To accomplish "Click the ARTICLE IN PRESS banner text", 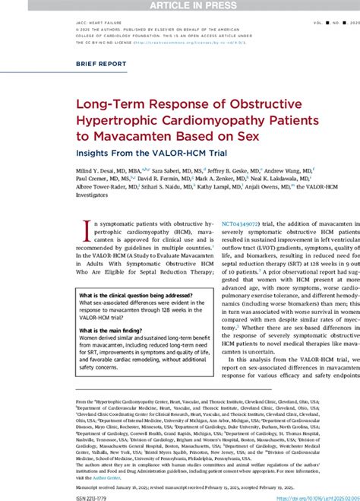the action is pos(180,6).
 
